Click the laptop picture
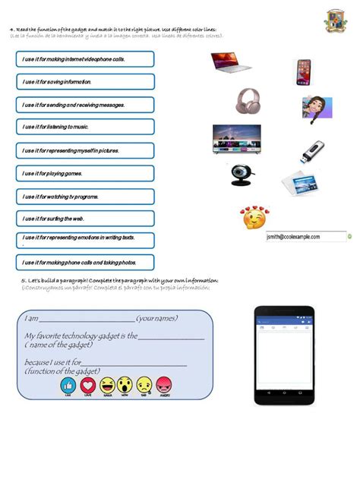(x=231, y=61)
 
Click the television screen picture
(x=236, y=138)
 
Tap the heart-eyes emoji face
(x=254, y=218)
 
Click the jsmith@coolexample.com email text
(x=298, y=236)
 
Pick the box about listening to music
(x=84, y=127)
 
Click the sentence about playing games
(x=84, y=173)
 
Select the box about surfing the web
(x=84, y=219)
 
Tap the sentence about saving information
(x=84, y=81)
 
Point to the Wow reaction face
(x=126, y=385)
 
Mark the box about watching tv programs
(x=84, y=196)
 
